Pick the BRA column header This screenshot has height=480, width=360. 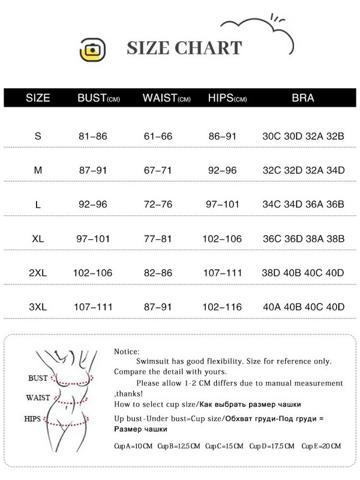[x=302, y=98]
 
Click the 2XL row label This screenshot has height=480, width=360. [x=38, y=273]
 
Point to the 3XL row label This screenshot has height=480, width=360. [x=38, y=307]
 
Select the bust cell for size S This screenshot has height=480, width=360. [x=92, y=136]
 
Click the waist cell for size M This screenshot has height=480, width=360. [x=158, y=170]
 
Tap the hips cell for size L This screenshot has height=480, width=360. [x=223, y=205]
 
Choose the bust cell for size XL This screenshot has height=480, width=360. [x=92, y=239]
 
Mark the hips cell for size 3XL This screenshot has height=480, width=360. [x=223, y=307]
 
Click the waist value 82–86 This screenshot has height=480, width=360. [x=158, y=273]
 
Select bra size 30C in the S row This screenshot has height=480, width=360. [x=272, y=136]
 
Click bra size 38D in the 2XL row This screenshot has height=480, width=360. [x=272, y=273]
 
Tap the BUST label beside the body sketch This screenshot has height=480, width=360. [x=38, y=379]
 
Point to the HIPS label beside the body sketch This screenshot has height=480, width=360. [x=34, y=418]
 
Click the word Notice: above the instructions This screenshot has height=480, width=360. [x=126, y=352]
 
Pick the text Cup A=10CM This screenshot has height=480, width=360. [x=133, y=446]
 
